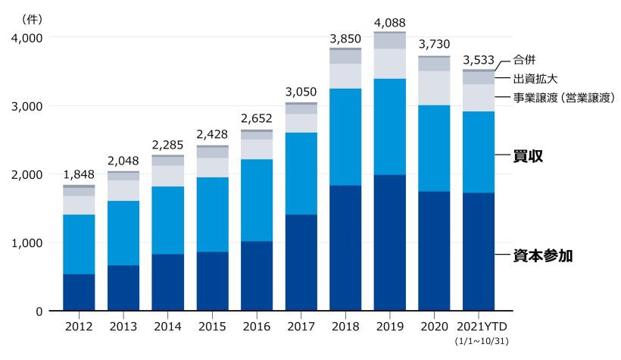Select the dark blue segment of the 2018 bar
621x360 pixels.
(x=345, y=248)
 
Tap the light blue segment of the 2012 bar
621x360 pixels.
(x=79, y=244)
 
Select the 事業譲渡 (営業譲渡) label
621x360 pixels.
(x=563, y=98)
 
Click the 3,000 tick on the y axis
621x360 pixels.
(x=27, y=106)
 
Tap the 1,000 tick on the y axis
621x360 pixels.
(x=27, y=243)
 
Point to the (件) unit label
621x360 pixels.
(x=31, y=16)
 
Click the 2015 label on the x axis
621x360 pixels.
(x=212, y=327)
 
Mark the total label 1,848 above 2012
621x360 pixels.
(x=79, y=174)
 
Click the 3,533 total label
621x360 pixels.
(x=479, y=59)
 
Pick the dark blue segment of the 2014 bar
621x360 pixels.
(x=167, y=282)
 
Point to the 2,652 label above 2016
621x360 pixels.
(x=257, y=119)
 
